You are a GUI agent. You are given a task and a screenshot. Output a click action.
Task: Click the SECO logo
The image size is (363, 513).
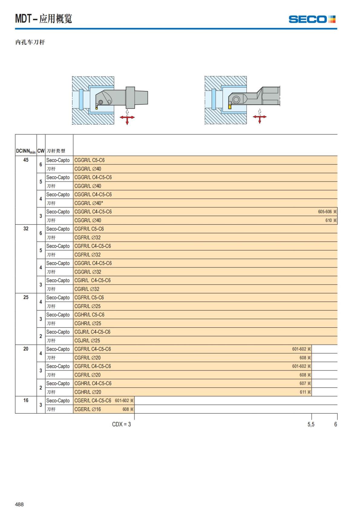312,19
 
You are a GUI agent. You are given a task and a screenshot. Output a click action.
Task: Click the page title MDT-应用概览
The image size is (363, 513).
44,19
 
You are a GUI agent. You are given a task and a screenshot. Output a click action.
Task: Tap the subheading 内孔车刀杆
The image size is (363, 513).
30,42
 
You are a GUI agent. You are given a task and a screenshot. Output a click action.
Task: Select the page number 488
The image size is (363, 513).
19,504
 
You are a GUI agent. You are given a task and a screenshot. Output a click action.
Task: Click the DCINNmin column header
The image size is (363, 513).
26,151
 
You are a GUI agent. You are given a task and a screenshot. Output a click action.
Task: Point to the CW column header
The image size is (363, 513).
41,151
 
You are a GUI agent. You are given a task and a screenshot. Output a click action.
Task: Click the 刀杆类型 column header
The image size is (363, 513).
56,151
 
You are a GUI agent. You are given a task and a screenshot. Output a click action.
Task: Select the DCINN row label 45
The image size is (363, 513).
26,160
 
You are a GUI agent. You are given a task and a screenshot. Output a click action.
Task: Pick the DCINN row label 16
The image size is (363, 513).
26,400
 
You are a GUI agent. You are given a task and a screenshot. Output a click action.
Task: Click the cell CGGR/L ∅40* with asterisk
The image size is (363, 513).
89,203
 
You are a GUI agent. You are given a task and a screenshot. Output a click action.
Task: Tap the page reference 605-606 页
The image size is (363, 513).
327,212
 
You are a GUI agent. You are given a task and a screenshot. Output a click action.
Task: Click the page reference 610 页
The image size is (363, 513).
331,220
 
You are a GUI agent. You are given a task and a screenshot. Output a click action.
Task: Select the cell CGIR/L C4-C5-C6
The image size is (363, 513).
93,281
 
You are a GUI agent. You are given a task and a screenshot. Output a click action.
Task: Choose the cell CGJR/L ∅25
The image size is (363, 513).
87,340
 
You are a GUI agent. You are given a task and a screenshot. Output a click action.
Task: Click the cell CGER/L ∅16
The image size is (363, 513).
88,409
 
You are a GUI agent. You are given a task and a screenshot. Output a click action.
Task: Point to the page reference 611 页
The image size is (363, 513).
305,392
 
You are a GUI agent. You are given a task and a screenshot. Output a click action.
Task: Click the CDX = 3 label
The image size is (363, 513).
121,424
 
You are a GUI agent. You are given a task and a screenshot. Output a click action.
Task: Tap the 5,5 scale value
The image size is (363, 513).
311,424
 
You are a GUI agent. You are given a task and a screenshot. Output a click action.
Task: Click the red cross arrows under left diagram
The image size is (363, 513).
127,118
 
